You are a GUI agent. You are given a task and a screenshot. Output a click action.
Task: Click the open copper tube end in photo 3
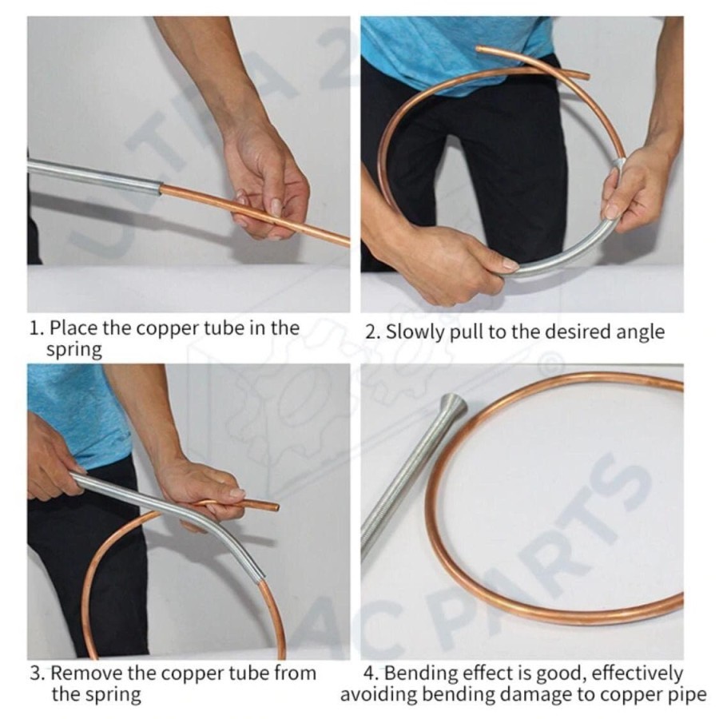276,506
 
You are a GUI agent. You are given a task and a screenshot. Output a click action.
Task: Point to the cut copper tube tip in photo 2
586,75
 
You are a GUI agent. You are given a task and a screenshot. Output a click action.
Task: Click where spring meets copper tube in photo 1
161,189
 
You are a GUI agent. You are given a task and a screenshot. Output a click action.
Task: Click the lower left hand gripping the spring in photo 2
451,264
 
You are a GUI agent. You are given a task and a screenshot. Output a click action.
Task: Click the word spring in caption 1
74,351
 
